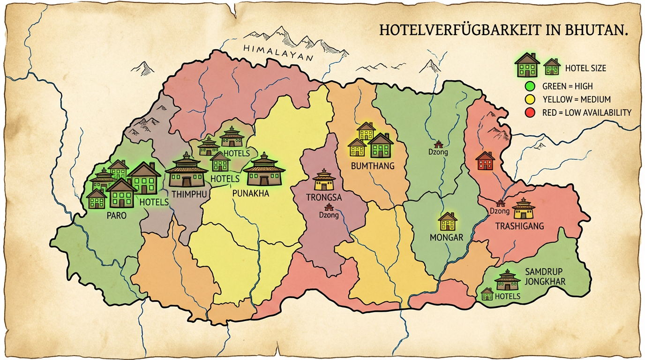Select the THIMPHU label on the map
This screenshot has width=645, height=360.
point(187,194)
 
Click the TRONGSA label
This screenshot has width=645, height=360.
point(324,197)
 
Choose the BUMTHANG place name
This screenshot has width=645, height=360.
point(373,166)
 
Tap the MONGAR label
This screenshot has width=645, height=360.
point(446,238)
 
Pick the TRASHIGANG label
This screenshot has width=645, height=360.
point(520,226)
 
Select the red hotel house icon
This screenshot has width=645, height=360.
point(485,161)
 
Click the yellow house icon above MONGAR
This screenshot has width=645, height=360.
point(448,222)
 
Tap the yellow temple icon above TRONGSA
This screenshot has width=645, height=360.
point(324,180)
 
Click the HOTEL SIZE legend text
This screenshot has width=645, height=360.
point(585,68)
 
